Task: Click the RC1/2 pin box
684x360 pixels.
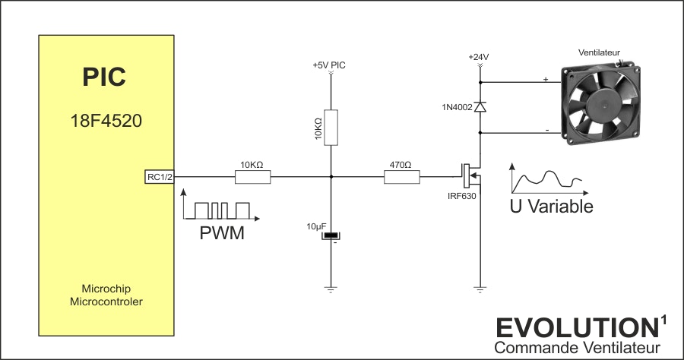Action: coord(160,177)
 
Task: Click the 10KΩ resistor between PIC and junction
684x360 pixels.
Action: coord(252,177)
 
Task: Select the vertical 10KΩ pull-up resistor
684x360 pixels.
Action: coord(331,128)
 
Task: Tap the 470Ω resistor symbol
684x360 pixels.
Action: coord(402,177)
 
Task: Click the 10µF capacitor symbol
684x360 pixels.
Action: coord(331,235)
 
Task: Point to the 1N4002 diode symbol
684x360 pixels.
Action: coord(480,107)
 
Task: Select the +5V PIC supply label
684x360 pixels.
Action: coord(329,65)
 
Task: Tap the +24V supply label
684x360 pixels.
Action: coord(479,57)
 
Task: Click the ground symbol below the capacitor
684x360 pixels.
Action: coord(331,289)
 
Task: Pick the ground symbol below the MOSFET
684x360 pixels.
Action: coord(480,289)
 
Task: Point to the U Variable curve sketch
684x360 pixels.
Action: coord(549,178)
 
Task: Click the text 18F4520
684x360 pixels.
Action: coord(106,121)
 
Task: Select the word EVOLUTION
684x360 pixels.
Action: coord(577,328)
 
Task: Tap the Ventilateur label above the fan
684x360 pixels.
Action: coord(599,52)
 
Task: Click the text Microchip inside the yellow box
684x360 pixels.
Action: coord(106,289)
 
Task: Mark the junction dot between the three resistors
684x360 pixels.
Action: coord(331,177)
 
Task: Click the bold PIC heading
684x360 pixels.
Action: coord(104,77)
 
